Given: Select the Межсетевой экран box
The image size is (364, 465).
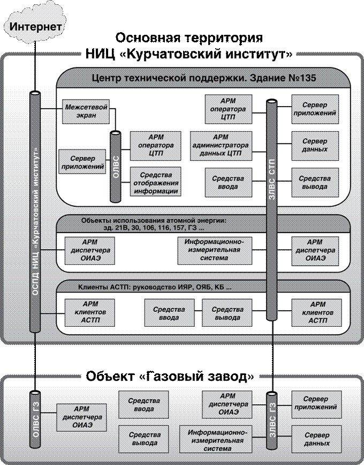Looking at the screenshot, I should tap(86, 111).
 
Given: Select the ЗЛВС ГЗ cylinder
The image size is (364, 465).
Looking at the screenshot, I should tap(271, 420).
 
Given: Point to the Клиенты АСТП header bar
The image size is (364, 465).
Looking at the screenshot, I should tap(155, 287).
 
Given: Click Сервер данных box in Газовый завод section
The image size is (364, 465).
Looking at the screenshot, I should tap(315, 439).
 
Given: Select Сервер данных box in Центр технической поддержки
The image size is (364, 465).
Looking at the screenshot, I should tap(315, 145).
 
